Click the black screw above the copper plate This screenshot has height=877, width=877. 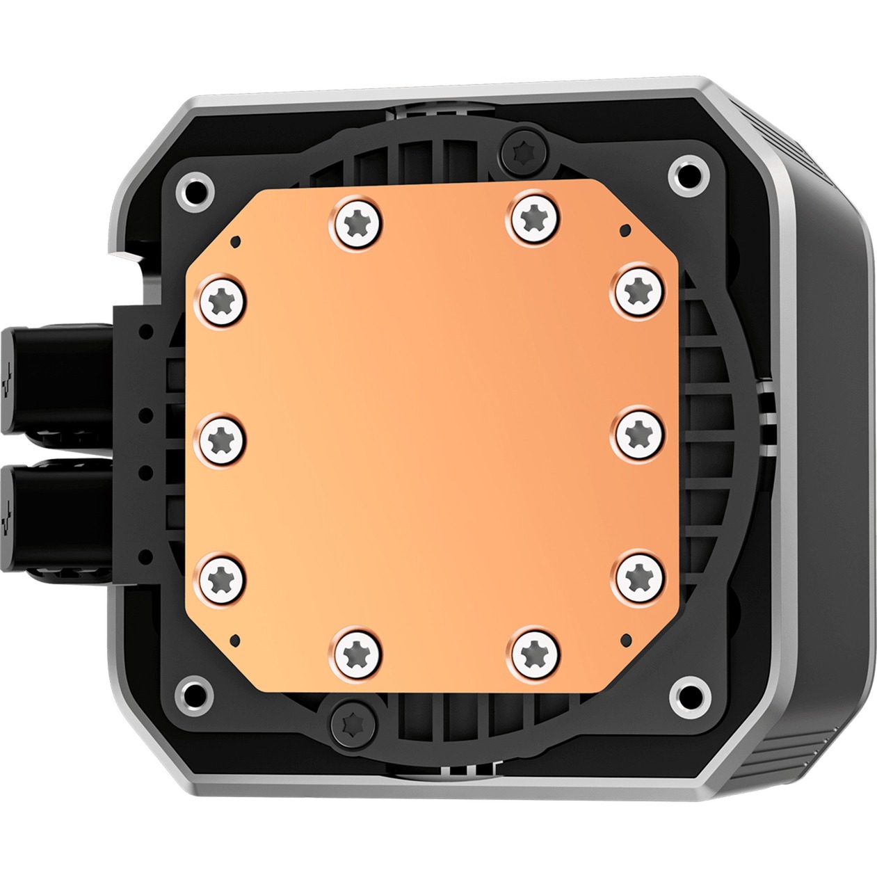523,148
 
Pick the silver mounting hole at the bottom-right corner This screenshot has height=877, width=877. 690,689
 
